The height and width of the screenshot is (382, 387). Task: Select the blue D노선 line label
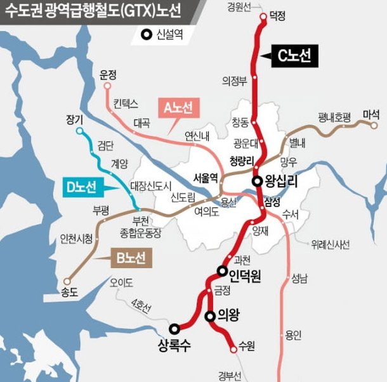click(x=82, y=187)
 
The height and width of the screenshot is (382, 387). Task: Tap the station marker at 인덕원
click(x=222, y=271)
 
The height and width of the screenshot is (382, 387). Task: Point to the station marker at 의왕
click(x=209, y=315)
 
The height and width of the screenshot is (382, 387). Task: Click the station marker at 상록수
click(x=174, y=328)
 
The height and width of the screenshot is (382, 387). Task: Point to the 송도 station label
click(x=68, y=293)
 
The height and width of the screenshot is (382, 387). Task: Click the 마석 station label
click(x=371, y=115)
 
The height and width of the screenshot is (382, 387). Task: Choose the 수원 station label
click(x=247, y=347)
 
